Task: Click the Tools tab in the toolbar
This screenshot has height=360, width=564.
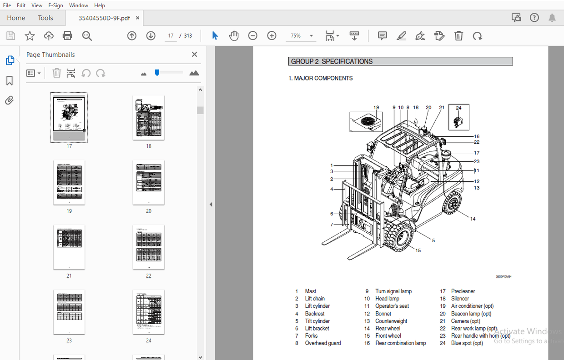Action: pyautogui.click(x=45, y=18)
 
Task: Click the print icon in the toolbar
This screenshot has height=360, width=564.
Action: pyautogui.click(x=67, y=35)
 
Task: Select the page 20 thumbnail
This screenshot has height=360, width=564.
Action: pyautogui.click(x=148, y=182)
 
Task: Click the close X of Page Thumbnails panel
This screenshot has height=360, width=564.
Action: pyautogui.click(x=194, y=55)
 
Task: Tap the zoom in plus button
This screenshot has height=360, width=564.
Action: pyautogui.click(x=272, y=35)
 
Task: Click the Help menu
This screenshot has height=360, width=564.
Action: pyautogui.click(x=100, y=5)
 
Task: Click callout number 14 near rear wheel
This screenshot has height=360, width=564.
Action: pyautogui.click(x=473, y=219)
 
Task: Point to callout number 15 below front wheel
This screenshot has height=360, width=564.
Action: pyautogui.click(x=418, y=250)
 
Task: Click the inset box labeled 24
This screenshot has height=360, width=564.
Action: pyautogui.click(x=458, y=117)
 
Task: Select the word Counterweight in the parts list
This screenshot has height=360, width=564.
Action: pyautogui.click(x=391, y=321)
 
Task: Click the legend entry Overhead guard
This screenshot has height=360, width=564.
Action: pyautogui.click(x=322, y=343)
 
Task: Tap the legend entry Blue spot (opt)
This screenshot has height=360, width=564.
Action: pyautogui.click(x=467, y=343)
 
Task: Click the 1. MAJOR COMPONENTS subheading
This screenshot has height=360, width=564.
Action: pyautogui.click(x=321, y=78)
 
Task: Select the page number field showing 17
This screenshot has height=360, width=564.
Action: pyautogui.click(x=171, y=35)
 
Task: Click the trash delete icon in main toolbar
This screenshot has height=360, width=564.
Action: pyautogui.click(x=459, y=35)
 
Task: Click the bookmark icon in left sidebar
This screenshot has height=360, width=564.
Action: pyautogui.click(x=10, y=80)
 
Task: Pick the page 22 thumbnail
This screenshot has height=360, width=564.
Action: pyautogui.click(x=148, y=247)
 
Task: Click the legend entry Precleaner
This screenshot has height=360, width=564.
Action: pyautogui.click(x=463, y=291)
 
